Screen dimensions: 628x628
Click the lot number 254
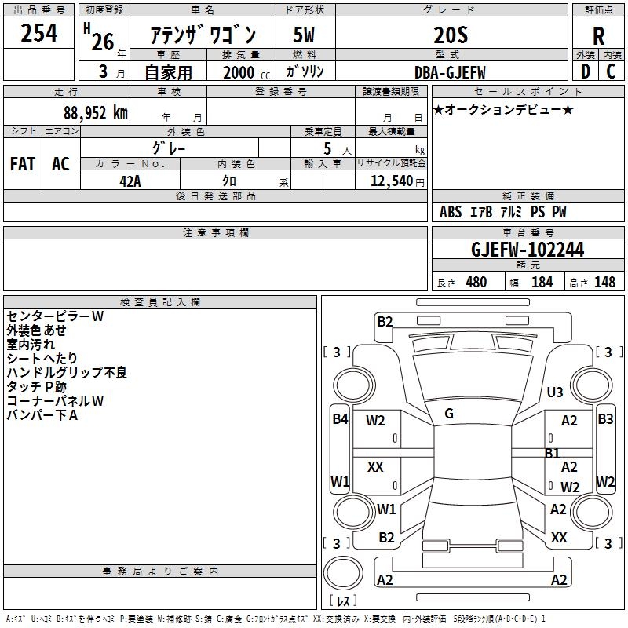38,33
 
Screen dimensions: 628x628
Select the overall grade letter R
598,36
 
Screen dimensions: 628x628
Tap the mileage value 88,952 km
95,113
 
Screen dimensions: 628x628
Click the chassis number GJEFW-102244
528,250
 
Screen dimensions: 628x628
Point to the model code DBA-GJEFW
450,72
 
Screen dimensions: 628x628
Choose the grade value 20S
451,35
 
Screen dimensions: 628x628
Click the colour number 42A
130,181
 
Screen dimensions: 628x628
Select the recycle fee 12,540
392,181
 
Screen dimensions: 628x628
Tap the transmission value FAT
23,164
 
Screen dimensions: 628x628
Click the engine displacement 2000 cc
246,72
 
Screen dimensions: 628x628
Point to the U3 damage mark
555,392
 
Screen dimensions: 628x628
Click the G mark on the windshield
449,414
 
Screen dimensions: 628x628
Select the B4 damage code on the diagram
340,419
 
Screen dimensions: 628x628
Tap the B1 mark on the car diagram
552,454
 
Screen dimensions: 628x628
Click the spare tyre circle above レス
343,573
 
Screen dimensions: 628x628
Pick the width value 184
542,282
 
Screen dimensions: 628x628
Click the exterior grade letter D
586,71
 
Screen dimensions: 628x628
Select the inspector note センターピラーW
55,316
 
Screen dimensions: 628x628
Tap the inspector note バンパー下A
42,415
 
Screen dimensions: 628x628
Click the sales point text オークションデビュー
503,109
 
